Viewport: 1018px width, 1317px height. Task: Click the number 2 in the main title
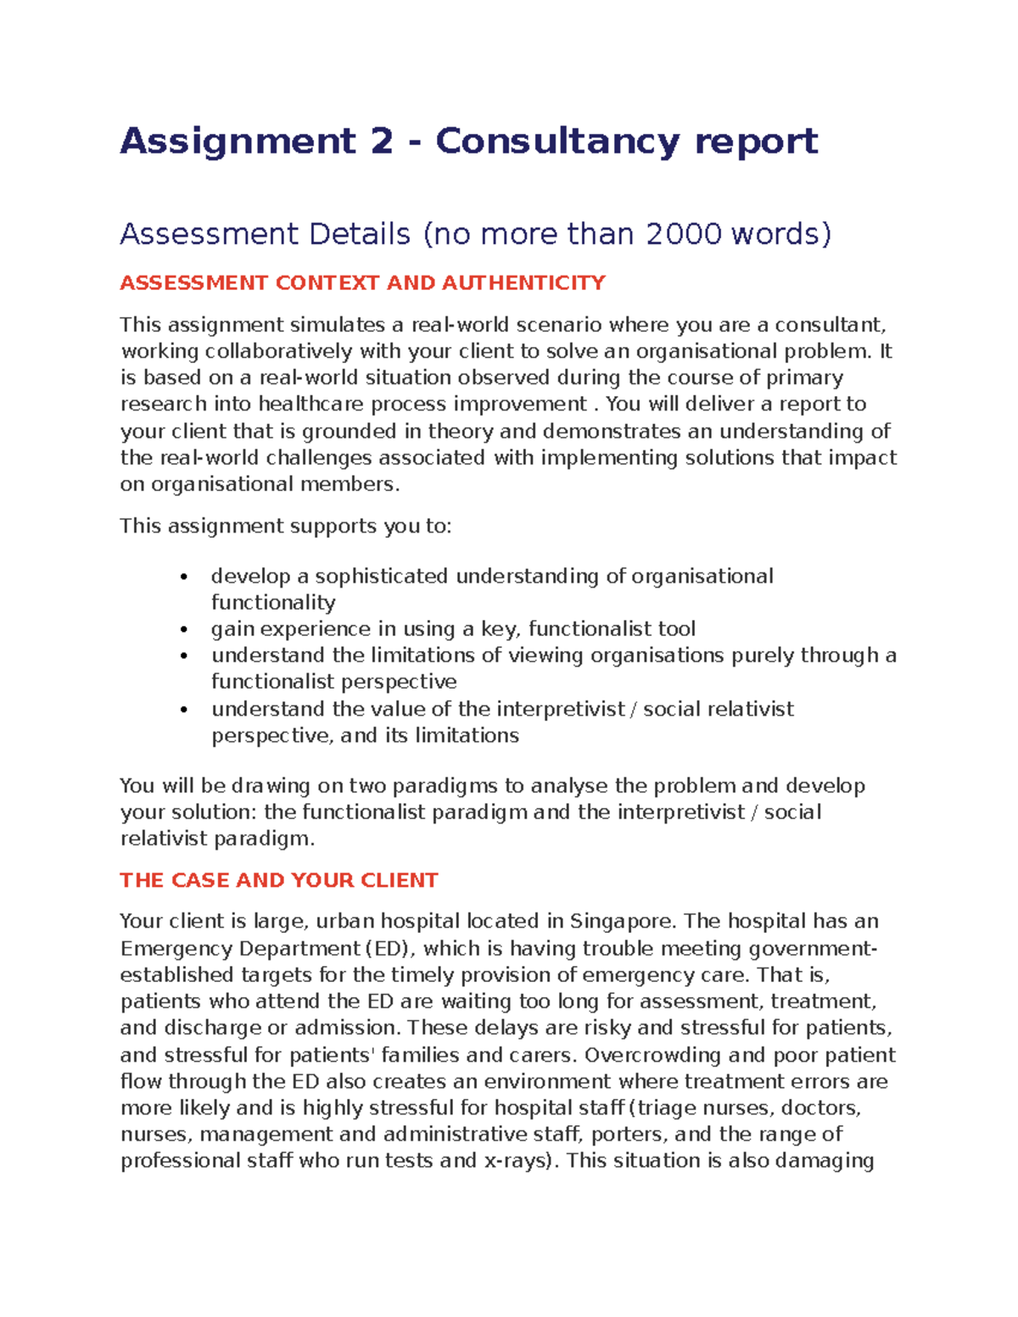pos(382,141)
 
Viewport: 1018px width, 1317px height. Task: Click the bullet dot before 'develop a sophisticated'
pos(183,578)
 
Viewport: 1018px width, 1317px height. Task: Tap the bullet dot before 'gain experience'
pos(183,630)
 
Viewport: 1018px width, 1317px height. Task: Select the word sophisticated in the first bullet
pos(382,577)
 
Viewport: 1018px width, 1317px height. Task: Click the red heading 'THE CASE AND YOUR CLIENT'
pos(278,880)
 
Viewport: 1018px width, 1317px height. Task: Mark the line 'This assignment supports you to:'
pos(286,526)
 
